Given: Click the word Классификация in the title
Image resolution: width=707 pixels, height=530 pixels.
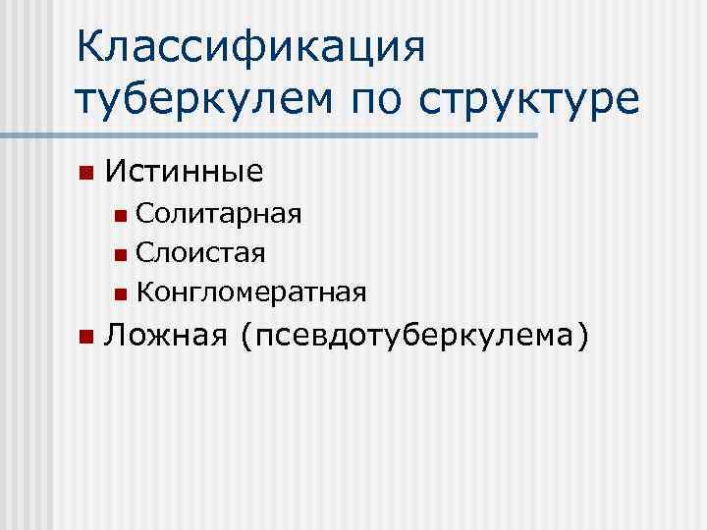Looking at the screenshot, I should (x=250, y=48).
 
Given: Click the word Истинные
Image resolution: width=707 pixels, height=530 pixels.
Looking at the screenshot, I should (x=184, y=173).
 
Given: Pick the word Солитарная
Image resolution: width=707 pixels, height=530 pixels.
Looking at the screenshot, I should (x=219, y=212).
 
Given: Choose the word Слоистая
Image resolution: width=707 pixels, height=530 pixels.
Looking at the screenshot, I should (x=200, y=252).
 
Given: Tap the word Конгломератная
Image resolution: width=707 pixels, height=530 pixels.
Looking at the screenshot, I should (x=252, y=292).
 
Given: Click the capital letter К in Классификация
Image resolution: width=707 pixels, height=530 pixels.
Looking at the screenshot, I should (x=90, y=48).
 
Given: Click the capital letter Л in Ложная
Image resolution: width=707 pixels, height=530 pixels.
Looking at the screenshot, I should (x=115, y=336).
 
